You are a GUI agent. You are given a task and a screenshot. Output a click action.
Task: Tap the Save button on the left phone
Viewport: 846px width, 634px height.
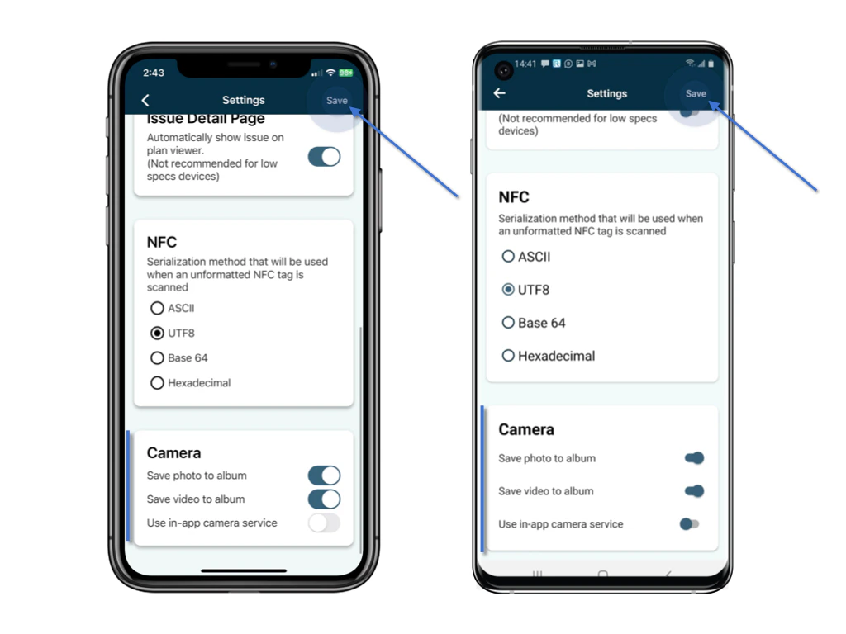(x=336, y=101)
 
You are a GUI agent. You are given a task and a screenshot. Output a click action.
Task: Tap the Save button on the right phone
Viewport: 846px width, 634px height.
(x=696, y=94)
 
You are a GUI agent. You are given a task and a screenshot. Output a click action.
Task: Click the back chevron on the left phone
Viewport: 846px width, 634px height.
(x=145, y=101)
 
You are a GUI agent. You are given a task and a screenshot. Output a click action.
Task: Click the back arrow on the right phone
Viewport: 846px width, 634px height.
(x=499, y=93)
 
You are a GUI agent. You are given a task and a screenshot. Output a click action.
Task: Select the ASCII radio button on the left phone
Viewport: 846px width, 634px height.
(x=157, y=309)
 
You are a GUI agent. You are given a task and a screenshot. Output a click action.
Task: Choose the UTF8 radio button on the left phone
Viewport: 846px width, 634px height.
(x=157, y=334)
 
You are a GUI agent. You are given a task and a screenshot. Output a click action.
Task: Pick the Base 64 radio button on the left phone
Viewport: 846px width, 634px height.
(x=157, y=358)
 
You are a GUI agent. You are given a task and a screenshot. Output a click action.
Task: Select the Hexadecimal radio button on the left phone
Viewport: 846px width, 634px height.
(x=157, y=383)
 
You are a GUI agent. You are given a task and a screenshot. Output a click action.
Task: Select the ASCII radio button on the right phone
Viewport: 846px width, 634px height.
(x=508, y=257)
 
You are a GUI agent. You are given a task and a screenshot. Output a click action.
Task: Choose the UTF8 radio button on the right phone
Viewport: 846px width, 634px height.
(x=508, y=290)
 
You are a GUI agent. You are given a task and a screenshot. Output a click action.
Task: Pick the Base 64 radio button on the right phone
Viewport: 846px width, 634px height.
(x=508, y=323)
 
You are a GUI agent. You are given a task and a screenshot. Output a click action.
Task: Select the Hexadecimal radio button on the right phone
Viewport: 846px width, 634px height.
(x=508, y=356)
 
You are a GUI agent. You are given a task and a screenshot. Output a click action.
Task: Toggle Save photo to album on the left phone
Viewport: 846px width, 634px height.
(x=324, y=475)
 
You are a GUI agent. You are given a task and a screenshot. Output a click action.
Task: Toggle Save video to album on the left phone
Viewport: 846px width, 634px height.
(x=324, y=499)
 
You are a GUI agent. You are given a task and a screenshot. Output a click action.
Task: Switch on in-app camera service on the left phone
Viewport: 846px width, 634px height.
(x=324, y=523)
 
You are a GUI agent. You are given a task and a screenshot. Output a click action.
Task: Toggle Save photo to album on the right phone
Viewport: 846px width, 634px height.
(x=694, y=458)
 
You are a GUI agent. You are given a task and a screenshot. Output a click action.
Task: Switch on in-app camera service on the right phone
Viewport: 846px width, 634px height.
(x=689, y=524)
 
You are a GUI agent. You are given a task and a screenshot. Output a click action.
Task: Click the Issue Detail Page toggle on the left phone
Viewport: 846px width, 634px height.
(x=324, y=157)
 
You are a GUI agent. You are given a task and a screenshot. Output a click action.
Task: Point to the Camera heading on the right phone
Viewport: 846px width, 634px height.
(x=526, y=430)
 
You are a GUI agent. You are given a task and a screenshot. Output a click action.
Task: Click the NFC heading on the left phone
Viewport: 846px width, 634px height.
(x=161, y=243)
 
